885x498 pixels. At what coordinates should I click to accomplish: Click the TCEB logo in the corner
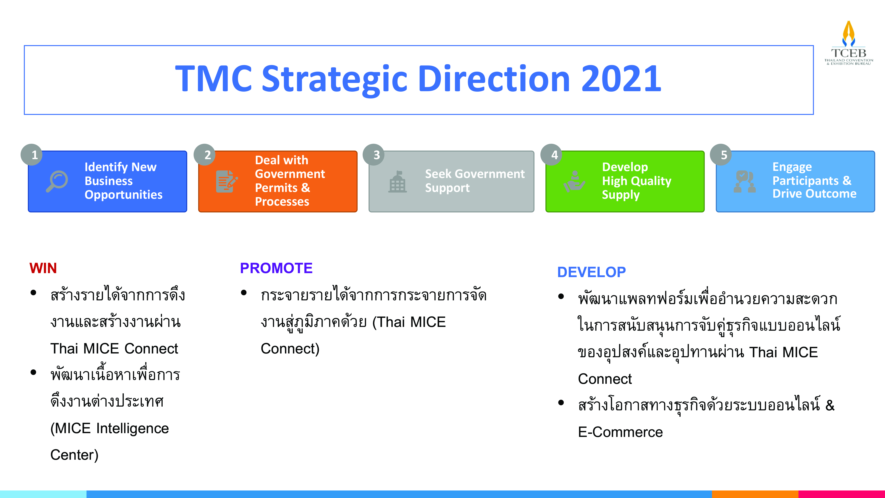click(848, 43)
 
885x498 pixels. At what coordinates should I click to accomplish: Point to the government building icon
click(398, 181)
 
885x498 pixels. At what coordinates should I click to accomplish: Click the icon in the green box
click(574, 181)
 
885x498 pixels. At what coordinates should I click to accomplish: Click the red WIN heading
click(43, 268)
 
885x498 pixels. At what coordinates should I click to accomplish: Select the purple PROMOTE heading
click(276, 268)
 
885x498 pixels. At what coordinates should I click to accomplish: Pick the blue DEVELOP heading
click(591, 272)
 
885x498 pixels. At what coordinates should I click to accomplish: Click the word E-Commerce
click(620, 432)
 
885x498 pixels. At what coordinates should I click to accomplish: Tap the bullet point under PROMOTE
click(244, 293)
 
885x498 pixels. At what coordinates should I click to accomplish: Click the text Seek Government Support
click(475, 181)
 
